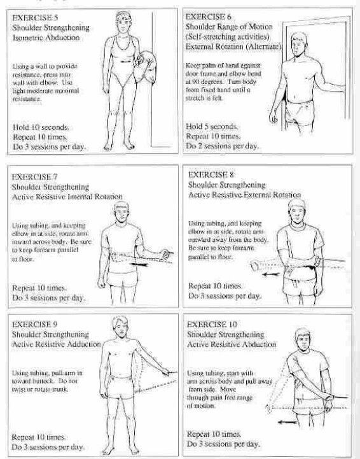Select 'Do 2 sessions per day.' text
click(221, 146)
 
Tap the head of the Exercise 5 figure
click(121, 20)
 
